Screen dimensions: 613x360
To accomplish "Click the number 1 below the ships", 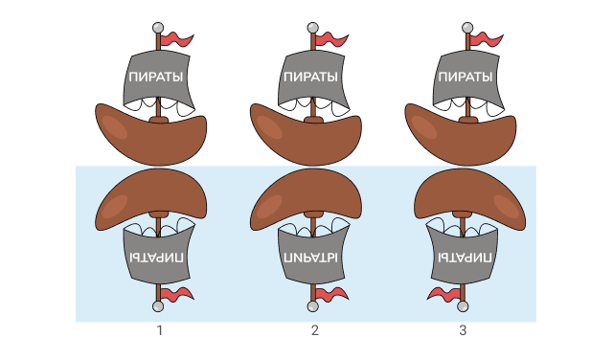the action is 159,330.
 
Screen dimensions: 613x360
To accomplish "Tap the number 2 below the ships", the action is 315,330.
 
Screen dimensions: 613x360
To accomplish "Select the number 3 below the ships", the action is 463,330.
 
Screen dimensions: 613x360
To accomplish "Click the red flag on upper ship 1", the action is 177,40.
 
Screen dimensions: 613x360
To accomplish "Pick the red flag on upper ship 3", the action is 487,40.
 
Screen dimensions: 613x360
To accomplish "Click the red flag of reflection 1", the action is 177,294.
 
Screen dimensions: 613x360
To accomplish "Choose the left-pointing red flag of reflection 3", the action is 443,294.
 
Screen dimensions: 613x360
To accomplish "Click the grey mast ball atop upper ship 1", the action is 158,28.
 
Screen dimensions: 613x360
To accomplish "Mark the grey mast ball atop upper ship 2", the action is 313,28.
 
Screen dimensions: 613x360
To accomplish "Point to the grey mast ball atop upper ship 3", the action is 467,28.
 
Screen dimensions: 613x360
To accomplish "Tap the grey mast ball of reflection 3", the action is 463,306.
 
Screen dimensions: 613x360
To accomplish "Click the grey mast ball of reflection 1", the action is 158,306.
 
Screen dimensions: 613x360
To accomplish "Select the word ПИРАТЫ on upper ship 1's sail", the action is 156,77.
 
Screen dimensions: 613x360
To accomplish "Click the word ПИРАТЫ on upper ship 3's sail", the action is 465,77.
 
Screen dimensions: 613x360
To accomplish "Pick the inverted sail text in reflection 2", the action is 310,258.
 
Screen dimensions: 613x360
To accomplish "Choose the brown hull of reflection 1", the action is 151,195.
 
